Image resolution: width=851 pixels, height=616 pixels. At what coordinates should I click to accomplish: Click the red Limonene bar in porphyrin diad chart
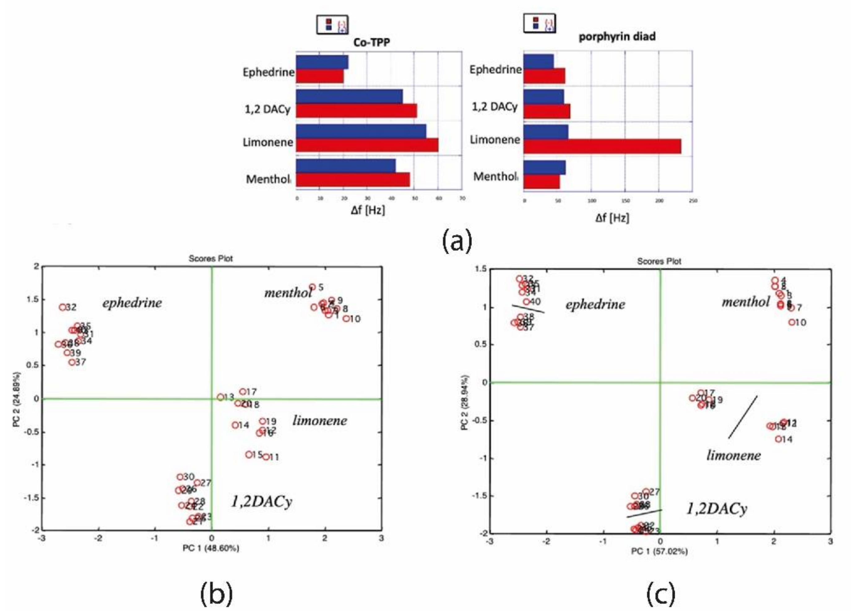point(602,146)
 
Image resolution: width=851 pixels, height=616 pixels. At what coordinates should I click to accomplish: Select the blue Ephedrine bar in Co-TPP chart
point(322,62)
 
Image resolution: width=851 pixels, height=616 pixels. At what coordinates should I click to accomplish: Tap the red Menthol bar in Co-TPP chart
point(353,180)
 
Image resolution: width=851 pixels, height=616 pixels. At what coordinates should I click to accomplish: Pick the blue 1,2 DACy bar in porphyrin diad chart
point(543,97)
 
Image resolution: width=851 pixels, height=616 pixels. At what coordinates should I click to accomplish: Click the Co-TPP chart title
point(371,42)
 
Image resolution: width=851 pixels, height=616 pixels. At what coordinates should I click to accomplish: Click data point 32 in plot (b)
point(62,307)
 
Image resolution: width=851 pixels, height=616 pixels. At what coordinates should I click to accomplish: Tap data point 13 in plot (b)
point(220,397)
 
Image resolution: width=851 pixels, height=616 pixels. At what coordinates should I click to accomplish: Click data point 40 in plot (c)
point(526,302)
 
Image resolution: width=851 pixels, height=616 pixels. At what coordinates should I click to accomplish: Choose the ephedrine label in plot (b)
point(132,303)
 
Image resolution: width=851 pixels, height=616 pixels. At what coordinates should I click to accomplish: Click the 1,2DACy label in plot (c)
point(716,509)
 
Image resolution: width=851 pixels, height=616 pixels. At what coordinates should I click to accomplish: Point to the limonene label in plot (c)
point(733,455)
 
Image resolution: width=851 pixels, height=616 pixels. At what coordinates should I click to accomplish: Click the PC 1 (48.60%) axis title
point(210,549)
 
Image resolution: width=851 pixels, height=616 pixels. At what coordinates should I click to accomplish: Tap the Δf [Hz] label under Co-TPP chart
point(368,210)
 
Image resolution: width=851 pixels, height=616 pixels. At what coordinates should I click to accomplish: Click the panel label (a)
point(457,242)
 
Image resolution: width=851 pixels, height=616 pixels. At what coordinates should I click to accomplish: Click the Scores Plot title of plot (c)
point(659,261)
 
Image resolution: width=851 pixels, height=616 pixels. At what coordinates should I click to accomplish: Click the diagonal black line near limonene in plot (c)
point(743,417)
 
